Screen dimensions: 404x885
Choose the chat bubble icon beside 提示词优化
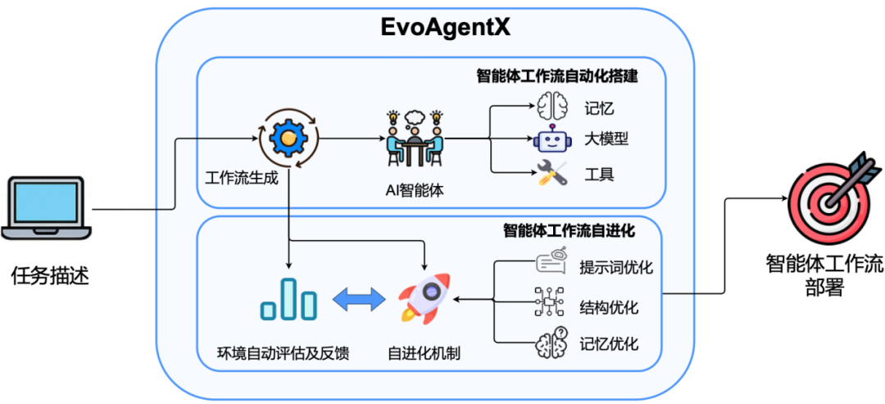pyautogui.click(x=550, y=264)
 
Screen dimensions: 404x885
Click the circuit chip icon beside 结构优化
pyautogui.click(x=550, y=302)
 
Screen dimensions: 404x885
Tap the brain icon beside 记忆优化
pyautogui.click(x=551, y=342)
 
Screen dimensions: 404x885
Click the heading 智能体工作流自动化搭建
pyautogui.click(x=557, y=77)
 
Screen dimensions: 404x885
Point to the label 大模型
pyautogui.click(x=606, y=139)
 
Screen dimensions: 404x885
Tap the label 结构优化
pyautogui.click(x=609, y=307)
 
